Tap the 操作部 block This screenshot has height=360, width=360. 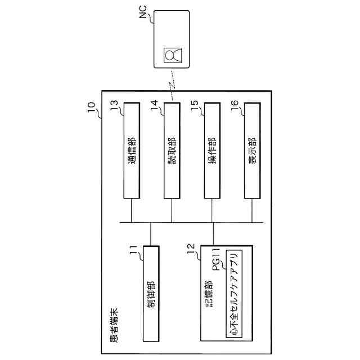pyautogui.click(x=211, y=150)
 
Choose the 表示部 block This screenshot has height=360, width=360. pyautogui.click(x=252, y=150)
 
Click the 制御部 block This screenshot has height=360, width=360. pyautogui.click(x=151, y=293)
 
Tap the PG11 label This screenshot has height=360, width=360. pyautogui.click(x=217, y=260)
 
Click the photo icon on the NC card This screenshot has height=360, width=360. pyautogui.click(x=172, y=56)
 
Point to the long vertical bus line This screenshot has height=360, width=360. pyautogui.click(x=191, y=223)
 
